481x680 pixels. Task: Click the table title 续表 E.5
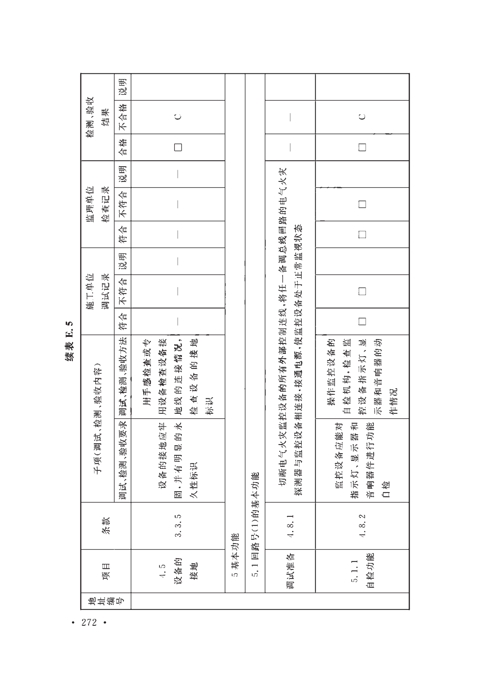point(69,341)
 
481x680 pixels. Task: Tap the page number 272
point(89,623)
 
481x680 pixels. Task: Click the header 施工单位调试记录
point(98,291)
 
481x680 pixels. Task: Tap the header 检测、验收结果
point(98,117)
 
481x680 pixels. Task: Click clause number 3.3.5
point(178,525)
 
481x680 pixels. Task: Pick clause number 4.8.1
point(290,525)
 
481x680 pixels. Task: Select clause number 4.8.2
point(362,525)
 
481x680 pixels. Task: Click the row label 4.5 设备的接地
point(178,571)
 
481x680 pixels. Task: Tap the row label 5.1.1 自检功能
point(362,571)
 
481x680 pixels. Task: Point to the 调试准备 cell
point(290,571)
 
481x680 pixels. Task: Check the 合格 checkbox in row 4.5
point(178,147)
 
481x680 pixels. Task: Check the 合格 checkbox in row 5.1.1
point(362,147)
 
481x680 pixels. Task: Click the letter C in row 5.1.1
point(362,117)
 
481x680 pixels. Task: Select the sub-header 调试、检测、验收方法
point(123,377)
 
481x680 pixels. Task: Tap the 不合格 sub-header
point(123,117)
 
